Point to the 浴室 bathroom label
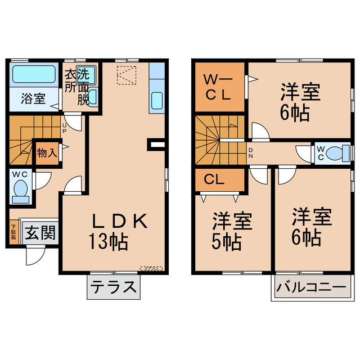(x=32, y=98)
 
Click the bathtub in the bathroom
(x=33, y=74)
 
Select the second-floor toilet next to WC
(x=336, y=152)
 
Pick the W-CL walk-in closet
(x=218, y=88)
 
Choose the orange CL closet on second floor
(x=219, y=180)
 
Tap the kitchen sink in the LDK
(x=157, y=101)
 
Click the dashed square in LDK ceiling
(x=125, y=75)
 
